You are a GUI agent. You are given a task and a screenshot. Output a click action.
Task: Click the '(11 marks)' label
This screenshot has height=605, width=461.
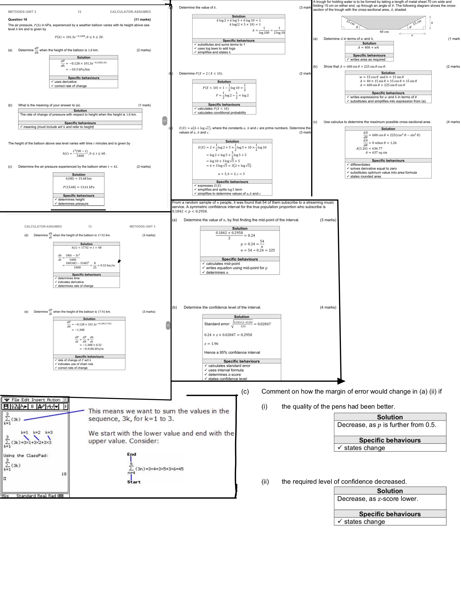(x=142, y=19)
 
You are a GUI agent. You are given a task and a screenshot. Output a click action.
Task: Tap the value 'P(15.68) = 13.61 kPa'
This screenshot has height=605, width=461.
(x=78, y=187)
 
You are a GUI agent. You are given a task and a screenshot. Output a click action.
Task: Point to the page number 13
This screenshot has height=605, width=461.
(x=90, y=227)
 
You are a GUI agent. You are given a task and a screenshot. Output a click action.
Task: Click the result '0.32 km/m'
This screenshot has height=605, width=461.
(x=107, y=265)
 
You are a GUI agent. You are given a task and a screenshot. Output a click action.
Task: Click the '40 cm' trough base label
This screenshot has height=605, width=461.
(x=384, y=32)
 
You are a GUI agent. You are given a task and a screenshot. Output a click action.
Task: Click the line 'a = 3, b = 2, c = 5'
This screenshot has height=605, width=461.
(x=231, y=174)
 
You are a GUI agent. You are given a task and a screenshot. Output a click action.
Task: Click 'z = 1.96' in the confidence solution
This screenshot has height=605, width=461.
(x=211, y=344)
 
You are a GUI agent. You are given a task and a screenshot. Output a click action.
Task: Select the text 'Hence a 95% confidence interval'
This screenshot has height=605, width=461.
(x=232, y=352)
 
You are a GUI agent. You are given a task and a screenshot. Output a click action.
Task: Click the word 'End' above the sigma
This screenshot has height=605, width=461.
(x=131, y=454)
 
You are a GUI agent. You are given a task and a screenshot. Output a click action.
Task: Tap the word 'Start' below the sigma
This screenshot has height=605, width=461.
(x=134, y=482)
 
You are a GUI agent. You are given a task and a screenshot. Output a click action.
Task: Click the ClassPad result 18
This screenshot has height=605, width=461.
(x=64, y=474)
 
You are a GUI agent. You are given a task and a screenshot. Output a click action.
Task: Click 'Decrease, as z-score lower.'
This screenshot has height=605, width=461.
(x=377, y=499)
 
